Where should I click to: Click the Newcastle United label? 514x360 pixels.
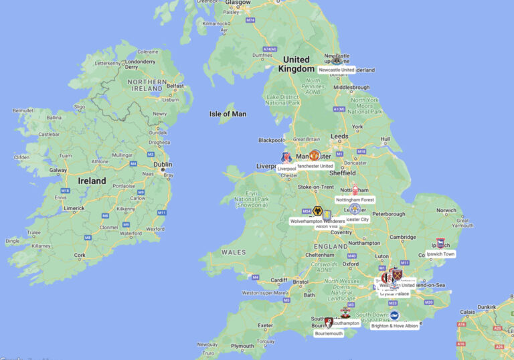pyautogui.click(x=337, y=70)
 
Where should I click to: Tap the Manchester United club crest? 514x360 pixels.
pyautogui.click(x=315, y=155)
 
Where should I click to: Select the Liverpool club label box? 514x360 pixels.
pyautogui.click(x=286, y=169)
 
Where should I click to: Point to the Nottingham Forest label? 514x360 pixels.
pyautogui.click(x=355, y=199)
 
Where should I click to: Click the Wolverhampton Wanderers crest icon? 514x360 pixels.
pyautogui.click(x=318, y=211)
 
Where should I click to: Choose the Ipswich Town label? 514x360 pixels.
pyautogui.click(x=440, y=254)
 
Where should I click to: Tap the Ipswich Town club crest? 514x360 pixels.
pyautogui.click(x=440, y=244)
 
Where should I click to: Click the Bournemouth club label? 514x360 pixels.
pyautogui.click(x=329, y=333)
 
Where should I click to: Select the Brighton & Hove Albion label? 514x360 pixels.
pyautogui.click(x=394, y=326)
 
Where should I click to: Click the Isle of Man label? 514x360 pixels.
pyautogui.click(x=228, y=114)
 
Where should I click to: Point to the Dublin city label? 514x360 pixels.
pyautogui.click(x=163, y=164)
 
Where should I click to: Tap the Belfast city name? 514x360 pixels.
pyautogui.click(x=175, y=86)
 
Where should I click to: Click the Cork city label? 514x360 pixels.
pyautogui.click(x=80, y=255)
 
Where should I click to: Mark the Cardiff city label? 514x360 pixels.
pyautogui.click(x=278, y=280)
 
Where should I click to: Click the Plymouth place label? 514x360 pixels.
pyautogui.click(x=242, y=346)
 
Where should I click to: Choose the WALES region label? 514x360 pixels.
pyautogui.click(x=234, y=252)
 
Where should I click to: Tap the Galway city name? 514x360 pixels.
pyautogui.click(x=58, y=170)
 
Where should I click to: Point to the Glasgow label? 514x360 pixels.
pyautogui.click(x=239, y=3)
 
